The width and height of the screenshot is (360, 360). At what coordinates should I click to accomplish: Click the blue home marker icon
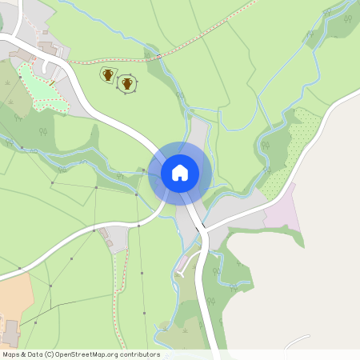[x=179, y=172]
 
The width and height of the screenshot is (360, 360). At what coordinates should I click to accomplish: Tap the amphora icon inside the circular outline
[x=126, y=83]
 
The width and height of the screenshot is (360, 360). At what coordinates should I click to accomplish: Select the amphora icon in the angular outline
[x=107, y=74]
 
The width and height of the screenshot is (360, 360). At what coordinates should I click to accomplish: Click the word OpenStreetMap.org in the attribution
[x=106, y=354]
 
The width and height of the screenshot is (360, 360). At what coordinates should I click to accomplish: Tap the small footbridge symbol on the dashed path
[x=158, y=56]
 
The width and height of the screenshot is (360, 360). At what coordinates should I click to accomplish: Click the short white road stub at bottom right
[x=296, y=339]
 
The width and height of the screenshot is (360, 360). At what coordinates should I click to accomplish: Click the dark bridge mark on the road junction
[x=198, y=230]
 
